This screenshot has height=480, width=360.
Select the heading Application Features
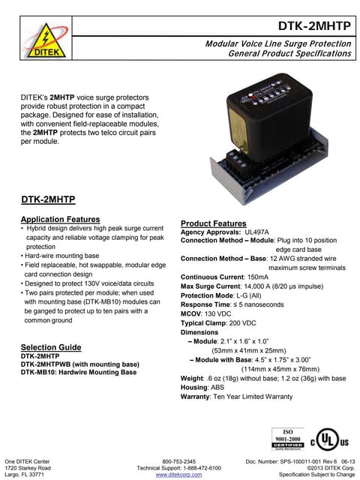[x=60, y=219]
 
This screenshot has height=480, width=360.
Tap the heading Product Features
[x=214, y=223]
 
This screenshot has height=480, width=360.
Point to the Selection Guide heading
[x=51, y=347]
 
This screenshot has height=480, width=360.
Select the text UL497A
[x=262, y=232]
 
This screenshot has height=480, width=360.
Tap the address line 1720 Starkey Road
[x=28, y=467]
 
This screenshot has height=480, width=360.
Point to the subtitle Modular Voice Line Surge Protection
[x=278, y=44]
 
